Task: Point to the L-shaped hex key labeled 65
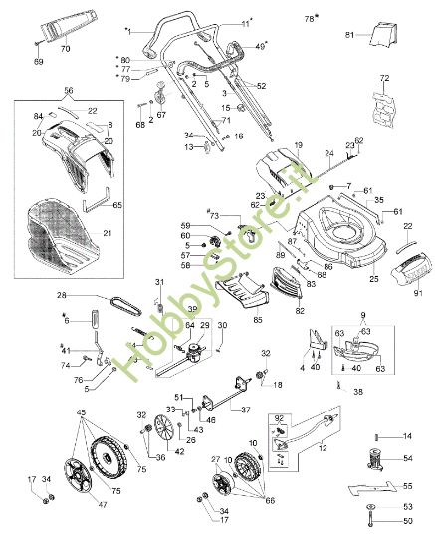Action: (x=99, y=204)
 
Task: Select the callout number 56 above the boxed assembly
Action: (x=68, y=89)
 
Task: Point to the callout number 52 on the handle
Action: (x=262, y=87)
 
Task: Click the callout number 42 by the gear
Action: (x=180, y=451)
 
